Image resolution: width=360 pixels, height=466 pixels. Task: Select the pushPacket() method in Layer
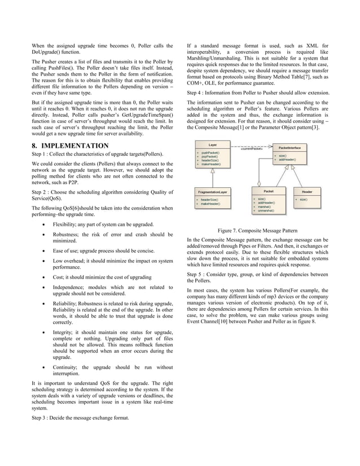(210, 153)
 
